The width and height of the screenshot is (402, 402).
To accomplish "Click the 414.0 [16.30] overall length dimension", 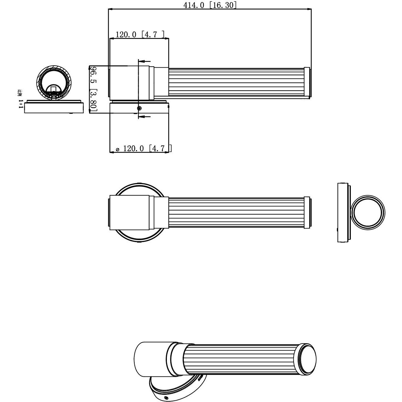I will point(210,5).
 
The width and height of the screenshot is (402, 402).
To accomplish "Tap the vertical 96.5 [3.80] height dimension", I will point(93,88).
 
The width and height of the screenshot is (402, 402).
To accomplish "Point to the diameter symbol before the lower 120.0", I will point(118,149).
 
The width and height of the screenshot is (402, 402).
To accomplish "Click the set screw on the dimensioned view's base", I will point(139,108).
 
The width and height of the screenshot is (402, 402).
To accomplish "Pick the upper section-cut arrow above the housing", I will point(144,61).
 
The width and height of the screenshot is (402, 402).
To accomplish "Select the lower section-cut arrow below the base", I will point(144,117).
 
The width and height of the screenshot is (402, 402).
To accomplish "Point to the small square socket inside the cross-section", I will point(53,89).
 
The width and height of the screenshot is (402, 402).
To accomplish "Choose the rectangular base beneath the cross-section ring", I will point(54,108).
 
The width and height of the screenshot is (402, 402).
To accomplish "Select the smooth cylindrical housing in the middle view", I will point(130,212).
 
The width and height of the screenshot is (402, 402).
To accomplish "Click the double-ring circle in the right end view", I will point(368,212).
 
